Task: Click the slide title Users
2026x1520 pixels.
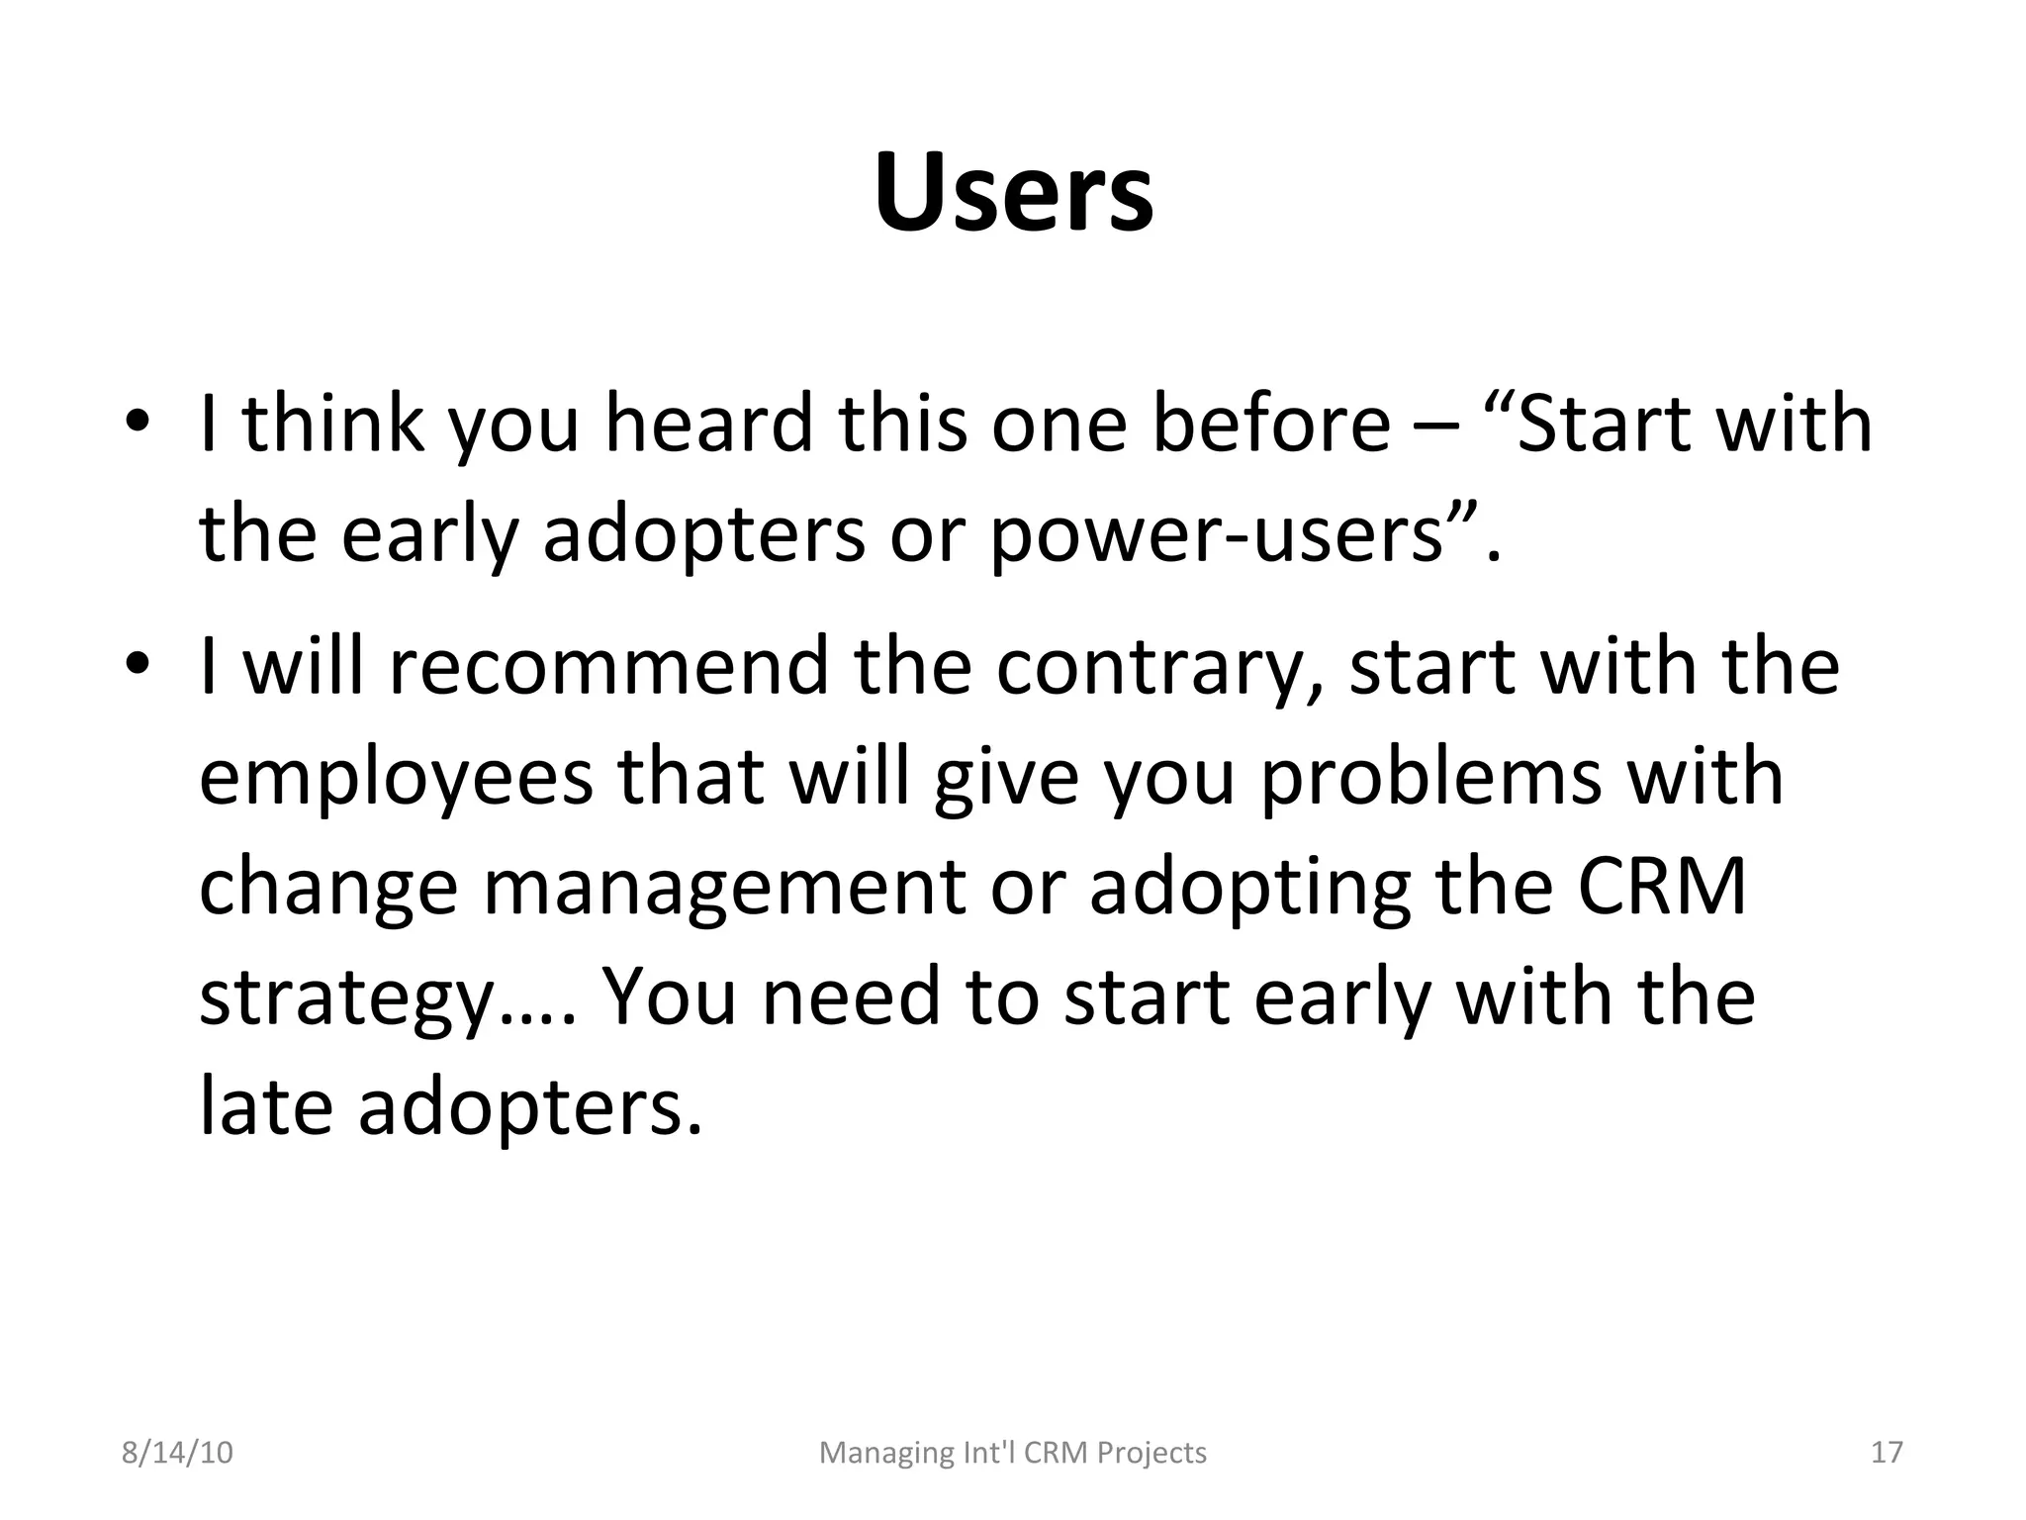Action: tap(1013, 192)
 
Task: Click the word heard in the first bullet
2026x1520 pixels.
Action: tap(708, 425)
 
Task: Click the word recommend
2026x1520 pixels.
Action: tap(607, 667)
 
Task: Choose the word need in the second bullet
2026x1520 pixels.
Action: tap(851, 997)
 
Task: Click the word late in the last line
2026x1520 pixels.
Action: tap(265, 1107)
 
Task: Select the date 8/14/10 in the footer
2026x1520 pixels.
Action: tap(177, 1453)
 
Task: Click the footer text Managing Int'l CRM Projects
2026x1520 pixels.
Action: tap(1013, 1453)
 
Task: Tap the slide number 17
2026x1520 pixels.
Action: tap(1887, 1453)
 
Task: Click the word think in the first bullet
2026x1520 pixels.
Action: tap(333, 425)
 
